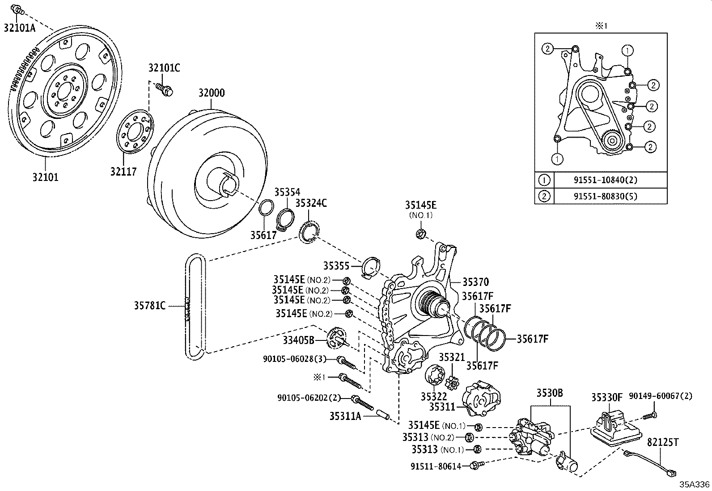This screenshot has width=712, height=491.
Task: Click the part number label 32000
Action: (x=212, y=93)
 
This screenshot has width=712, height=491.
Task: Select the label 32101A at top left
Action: (x=19, y=27)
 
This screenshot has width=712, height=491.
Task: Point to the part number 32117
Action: (x=123, y=171)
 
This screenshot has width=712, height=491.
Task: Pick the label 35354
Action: (x=287, y=192)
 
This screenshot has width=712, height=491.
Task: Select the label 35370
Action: (x=476, y=282)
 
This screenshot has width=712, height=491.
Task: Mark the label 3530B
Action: (x=550, y=393)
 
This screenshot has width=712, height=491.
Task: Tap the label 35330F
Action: (x=607, y=397)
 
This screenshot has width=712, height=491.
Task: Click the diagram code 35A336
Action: (x=695, y=484)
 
